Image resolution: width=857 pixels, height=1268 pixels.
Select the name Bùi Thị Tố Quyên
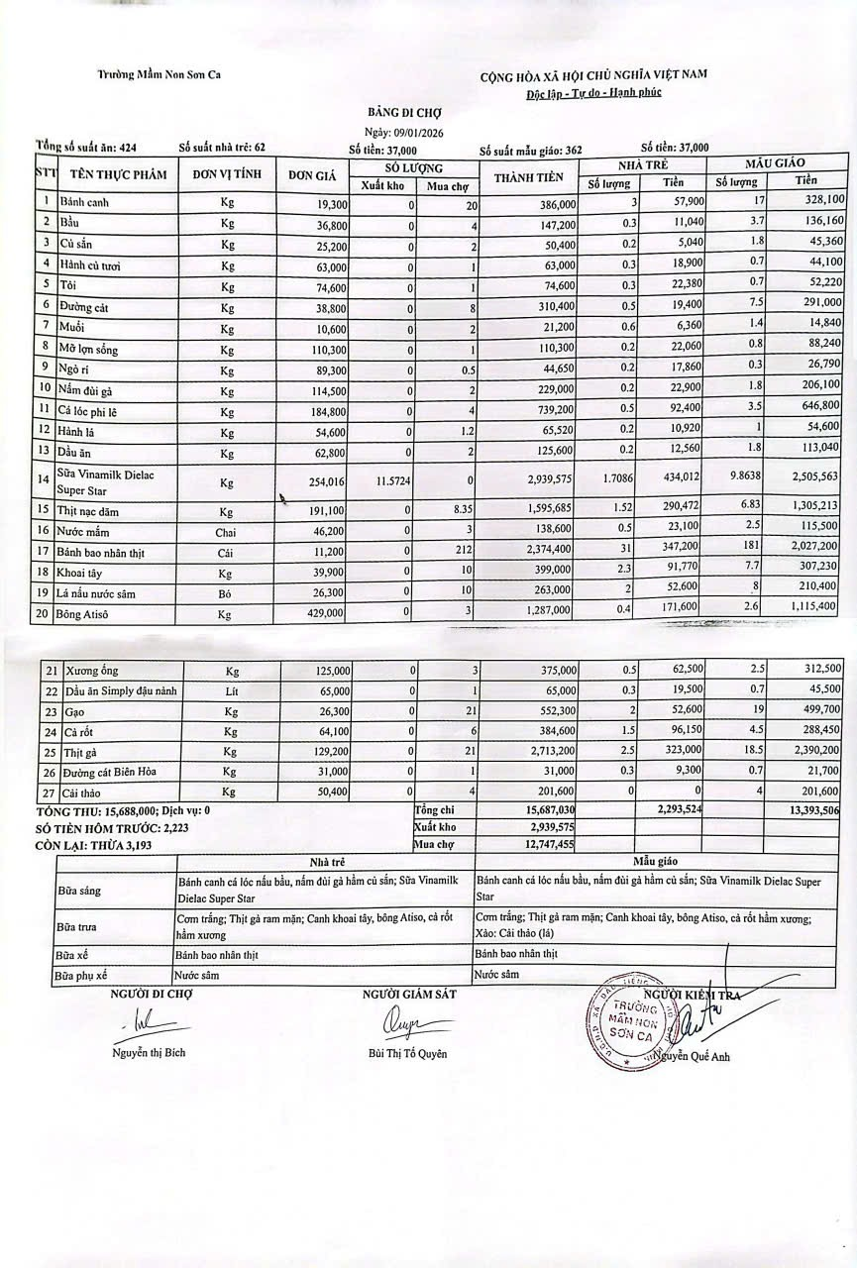tap(406, 1053)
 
